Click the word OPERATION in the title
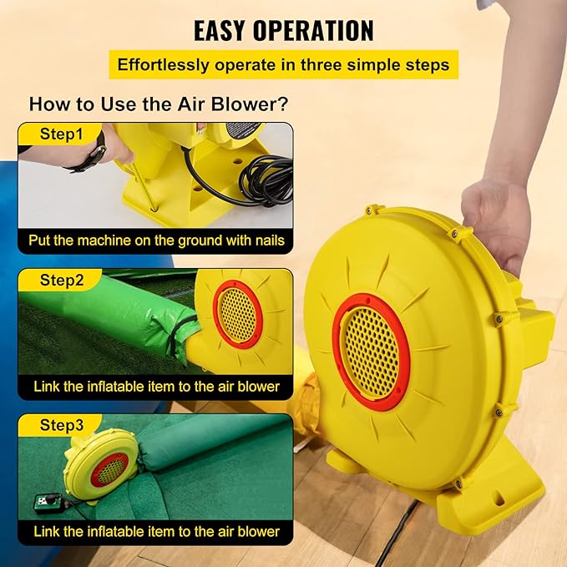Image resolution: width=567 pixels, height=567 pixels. [313, 30]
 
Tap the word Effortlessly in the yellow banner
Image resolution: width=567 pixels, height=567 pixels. [163, 65]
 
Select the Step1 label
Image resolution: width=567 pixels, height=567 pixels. [61, 134]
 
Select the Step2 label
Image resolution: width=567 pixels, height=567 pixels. [62, 280]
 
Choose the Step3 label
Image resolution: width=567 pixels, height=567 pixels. [62, 425]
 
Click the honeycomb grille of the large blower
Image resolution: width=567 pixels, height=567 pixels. [371, 352]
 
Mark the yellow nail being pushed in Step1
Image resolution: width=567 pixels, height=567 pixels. [144, 185]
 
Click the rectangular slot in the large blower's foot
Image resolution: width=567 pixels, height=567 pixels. [499, 500]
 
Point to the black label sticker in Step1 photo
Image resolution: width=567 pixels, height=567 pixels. [243, 129]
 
